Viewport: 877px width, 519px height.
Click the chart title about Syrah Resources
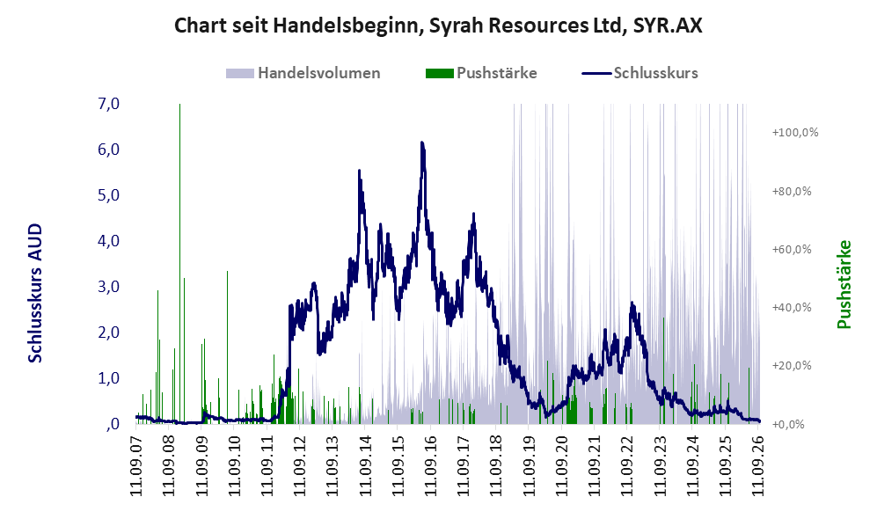pos(438,26)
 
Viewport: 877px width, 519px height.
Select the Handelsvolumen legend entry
pos(303,73)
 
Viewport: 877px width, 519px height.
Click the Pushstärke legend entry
pos(481,73)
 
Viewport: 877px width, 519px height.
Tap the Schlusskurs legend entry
pos(639,73)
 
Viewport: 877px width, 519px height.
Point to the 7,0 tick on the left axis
pos(108,104)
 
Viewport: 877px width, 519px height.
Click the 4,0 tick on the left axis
pos(108,241)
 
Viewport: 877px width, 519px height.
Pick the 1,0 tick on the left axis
pos(108,378)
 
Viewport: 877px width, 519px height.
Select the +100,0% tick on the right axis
pos(795,133)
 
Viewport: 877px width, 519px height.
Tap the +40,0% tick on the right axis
pos(792,308)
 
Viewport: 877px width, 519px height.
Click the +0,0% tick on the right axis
pos(788,425)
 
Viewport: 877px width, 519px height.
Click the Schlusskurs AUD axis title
pos(34,293)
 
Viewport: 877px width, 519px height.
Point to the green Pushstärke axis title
pos(844,285)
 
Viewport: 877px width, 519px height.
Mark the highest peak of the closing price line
pos(422,143)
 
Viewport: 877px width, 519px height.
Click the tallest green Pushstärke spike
pos(179,263)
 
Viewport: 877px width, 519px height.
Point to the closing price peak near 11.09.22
pos(632,303)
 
